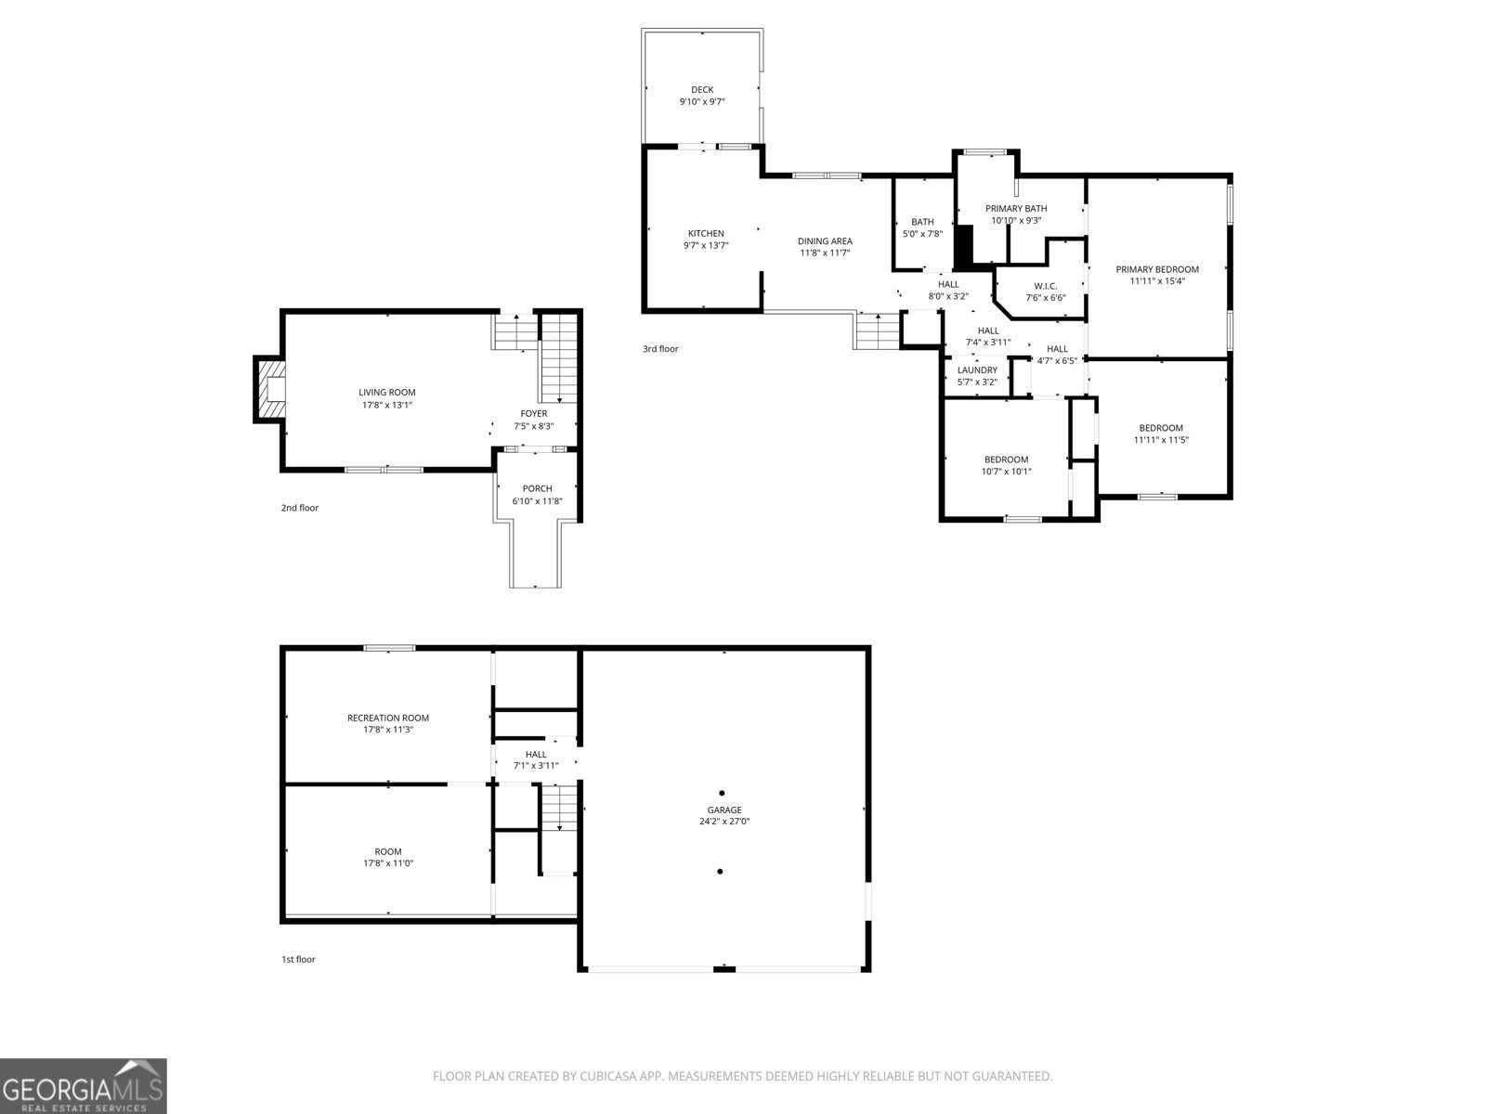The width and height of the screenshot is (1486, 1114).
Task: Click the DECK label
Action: tap(702, 90)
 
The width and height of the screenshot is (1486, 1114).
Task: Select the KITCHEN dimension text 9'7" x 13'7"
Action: tap(706, 246)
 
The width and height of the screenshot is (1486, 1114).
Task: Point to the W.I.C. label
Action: tap(1046, 286)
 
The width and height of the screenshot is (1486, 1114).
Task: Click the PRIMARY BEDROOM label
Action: tap(1157, 269)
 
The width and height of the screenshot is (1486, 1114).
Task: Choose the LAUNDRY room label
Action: tap(977, 369)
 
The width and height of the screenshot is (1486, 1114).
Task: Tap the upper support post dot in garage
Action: tap(722, 793)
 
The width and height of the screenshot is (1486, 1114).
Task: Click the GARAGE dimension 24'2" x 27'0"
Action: tap(724, 822)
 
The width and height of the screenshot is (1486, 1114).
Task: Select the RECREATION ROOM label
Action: tap(388, 718)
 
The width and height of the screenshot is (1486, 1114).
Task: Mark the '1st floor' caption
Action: tap(298, 959)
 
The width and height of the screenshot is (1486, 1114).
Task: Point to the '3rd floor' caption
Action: tap(660, 349)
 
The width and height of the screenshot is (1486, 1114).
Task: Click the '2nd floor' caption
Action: tap(300, 508)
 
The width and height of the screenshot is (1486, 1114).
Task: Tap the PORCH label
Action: tap(537, 488)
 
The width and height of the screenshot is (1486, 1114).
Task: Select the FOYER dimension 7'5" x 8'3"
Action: tap(534, 426)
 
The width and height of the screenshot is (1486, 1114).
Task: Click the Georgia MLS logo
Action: tap(84, 1086)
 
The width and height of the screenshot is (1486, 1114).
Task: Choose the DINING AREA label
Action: tap(825, 241)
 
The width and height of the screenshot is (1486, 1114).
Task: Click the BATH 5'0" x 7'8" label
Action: tap(922, 227)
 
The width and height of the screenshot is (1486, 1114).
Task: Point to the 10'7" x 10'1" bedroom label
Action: tap(1007, 465)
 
